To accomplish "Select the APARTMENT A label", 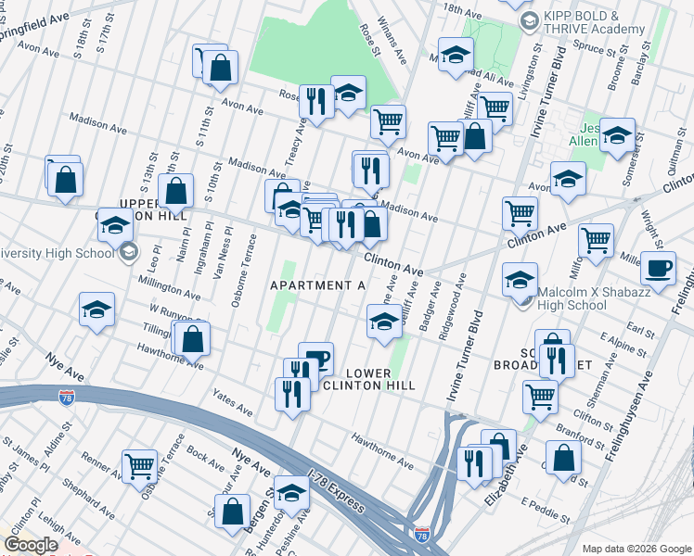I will click(x=317, y=285).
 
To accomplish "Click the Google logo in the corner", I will click(x=31, y=545).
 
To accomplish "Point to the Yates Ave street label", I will click(x=232, y=404).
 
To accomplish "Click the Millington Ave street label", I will click(x=169, y=287).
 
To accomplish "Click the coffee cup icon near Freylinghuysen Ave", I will click(x=658, y=269).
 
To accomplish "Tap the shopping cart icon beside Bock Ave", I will click(x=139, y=465).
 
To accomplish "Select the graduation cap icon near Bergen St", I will click(x=291, y=493).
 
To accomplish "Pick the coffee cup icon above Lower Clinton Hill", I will click(x=315, y=357).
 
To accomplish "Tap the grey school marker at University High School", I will click(x=128, y=251).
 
